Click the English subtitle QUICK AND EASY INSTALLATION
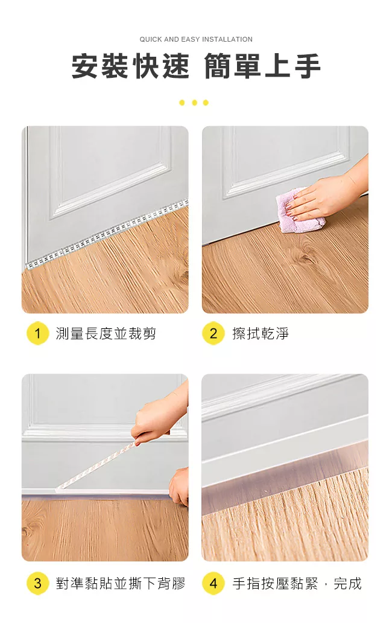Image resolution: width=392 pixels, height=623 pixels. coord(196,39)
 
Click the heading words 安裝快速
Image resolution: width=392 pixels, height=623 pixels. coord(130,66)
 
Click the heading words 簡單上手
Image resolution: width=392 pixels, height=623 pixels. coord(262,66)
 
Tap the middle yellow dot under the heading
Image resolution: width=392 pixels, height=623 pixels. coord(194,103)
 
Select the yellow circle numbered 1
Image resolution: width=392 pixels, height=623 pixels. coord(37,333)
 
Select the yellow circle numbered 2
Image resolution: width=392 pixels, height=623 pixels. coord(213,333)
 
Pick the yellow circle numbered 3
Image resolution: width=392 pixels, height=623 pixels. coord(37,583)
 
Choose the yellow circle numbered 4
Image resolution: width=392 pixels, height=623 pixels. coord(213,583)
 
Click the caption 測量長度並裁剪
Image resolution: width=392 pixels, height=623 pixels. coord(106,333)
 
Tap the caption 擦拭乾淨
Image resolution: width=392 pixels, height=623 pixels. coord(261,333)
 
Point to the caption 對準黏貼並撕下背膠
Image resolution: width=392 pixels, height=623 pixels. coord(121,583)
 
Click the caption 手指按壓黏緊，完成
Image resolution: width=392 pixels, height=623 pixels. coord(297,583)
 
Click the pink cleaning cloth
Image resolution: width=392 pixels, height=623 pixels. coord(300,211)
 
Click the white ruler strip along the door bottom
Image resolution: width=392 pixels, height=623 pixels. coord(106,234)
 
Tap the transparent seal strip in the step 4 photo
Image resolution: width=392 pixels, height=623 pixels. coord(285,479)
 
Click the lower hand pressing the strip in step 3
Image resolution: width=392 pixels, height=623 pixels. coord(179,487)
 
